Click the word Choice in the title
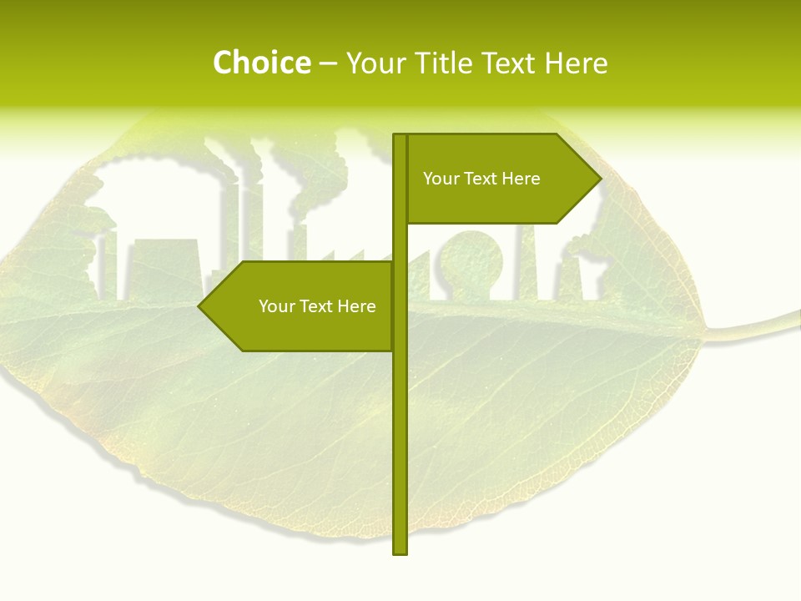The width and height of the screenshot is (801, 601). pos(261,63)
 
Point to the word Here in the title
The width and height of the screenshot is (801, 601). pos(576,63)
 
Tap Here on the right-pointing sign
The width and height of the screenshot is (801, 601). pos(521,179)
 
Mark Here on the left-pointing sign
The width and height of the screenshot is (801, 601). pos(356,306)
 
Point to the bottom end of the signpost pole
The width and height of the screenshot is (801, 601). pos(400,552)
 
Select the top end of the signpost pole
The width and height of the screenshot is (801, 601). pos(400,136)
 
